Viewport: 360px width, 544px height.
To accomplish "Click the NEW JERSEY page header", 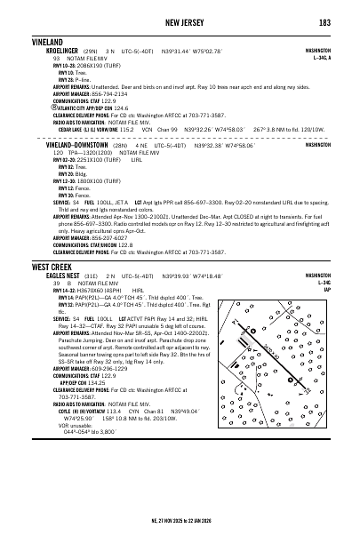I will tap(180, 21).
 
